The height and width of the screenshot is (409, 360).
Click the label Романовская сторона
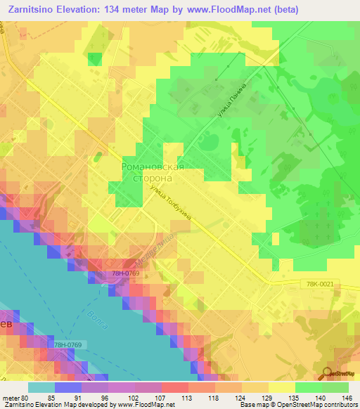click(x=153, y=173)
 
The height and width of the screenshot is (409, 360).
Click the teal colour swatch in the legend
click(x=41, y=387)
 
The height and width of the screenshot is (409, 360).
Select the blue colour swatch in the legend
click(x=67, y=387)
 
